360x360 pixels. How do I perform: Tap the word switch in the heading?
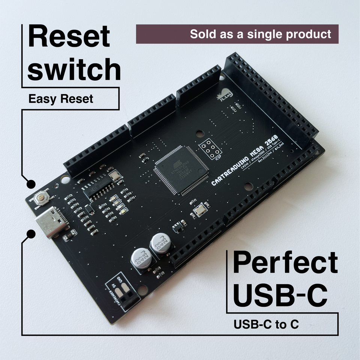[x=74, y=70]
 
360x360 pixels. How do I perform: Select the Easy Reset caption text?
[x=61, y=99]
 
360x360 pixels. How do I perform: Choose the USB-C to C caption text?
[x=266, y=324]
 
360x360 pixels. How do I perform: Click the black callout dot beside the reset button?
[x=31, y=184]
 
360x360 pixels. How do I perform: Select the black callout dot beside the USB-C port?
[x=31, y=234]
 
